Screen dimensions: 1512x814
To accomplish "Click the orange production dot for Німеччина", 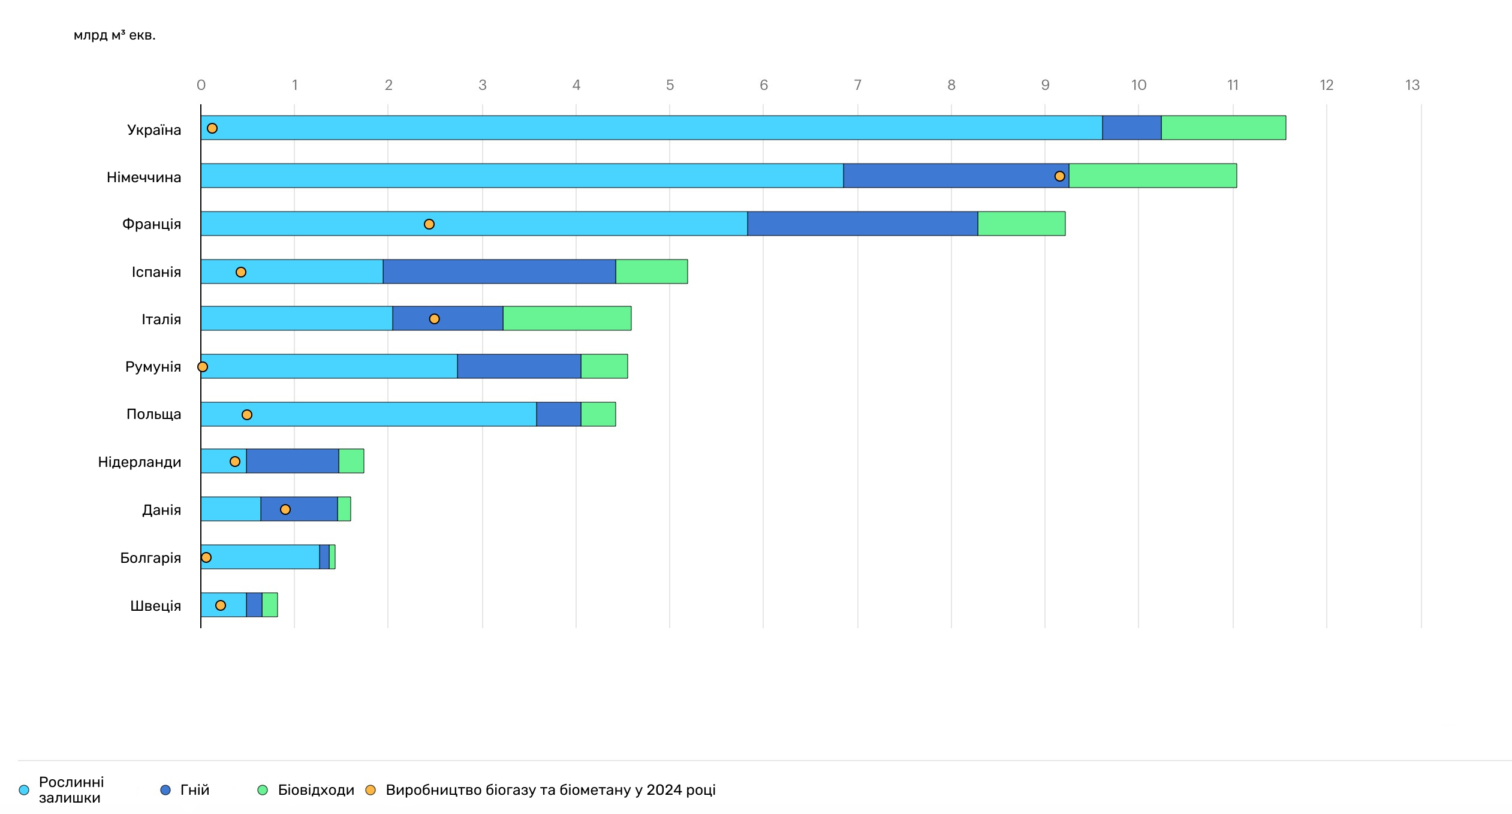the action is coord(1059,176).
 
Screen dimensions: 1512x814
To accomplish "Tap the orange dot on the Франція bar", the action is coord(429,224).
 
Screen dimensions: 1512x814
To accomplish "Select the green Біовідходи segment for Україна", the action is coord(1224,128).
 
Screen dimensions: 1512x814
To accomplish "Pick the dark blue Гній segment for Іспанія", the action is coord(499,272).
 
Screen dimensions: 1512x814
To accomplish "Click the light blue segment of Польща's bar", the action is coord(369,414).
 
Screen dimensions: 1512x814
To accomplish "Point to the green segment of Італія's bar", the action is coord(567,318).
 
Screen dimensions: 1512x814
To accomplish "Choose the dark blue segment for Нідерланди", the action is coord(293,461).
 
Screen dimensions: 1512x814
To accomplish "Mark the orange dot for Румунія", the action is coord(203,367).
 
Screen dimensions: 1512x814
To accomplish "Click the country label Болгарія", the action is coord(150,558).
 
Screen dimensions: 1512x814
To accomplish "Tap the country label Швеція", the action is coord(155,606).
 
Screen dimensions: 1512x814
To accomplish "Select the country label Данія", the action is coord(161,510).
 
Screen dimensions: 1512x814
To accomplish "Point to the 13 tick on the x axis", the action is coord(1412,85).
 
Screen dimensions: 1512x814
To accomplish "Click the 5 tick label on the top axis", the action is coord(670,85).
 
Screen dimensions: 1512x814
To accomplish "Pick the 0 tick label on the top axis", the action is coord(201,85).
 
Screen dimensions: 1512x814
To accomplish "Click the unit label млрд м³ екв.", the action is coord(115,35).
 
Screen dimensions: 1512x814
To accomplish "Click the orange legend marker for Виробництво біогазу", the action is coord(371,790).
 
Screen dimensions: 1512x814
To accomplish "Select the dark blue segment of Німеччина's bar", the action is coord(956,176).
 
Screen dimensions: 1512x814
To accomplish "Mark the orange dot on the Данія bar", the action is coord(285,509).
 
